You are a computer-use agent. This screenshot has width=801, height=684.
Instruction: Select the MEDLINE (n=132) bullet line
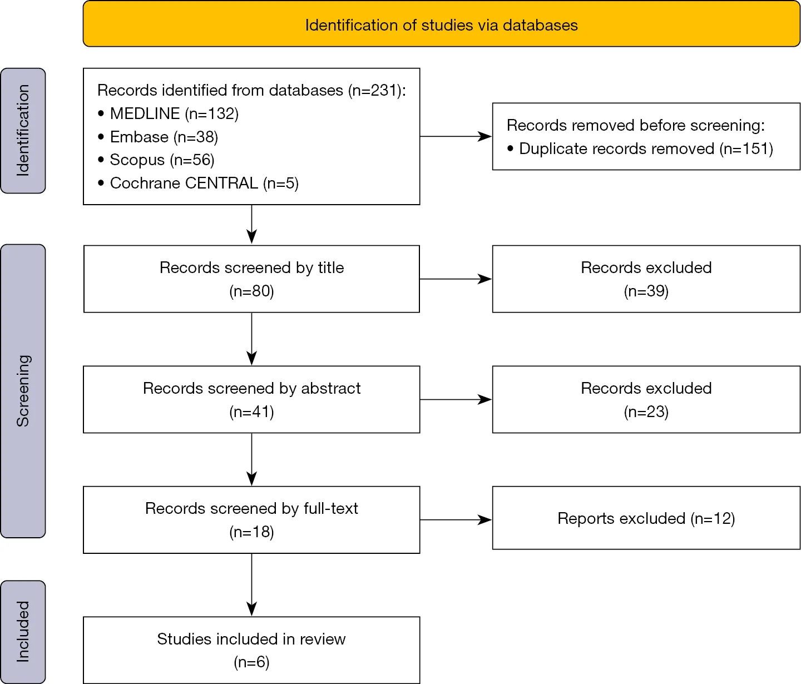coord(168,113)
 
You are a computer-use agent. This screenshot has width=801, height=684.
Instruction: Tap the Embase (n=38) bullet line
coord(158,137)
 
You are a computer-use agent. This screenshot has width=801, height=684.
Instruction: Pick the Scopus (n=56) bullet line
coord(156,160)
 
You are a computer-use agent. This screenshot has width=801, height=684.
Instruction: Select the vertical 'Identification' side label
coord(23,131)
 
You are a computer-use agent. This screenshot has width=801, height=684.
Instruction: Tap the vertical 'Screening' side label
coord(23,391)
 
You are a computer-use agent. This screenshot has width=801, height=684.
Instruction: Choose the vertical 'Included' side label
coord(23,632)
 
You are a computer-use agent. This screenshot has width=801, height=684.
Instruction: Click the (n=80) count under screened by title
coord(251,291)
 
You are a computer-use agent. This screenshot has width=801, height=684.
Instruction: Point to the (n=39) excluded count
coord(646,291)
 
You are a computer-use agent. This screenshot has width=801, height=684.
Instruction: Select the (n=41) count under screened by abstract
coord(251,412)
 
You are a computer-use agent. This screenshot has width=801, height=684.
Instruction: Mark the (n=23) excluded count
coord(646,412)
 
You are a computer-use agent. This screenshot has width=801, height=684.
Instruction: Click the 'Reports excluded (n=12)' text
coord(646,518)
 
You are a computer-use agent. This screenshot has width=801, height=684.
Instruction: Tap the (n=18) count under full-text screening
coord(251,532)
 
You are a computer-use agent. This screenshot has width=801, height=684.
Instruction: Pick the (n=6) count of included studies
coord(251,662)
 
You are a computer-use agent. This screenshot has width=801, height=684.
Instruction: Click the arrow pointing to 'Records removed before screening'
coord(456,136)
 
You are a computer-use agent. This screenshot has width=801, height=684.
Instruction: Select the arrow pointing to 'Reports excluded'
coord(456,520)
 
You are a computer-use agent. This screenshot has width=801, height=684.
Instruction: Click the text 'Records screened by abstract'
coord(251,389)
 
